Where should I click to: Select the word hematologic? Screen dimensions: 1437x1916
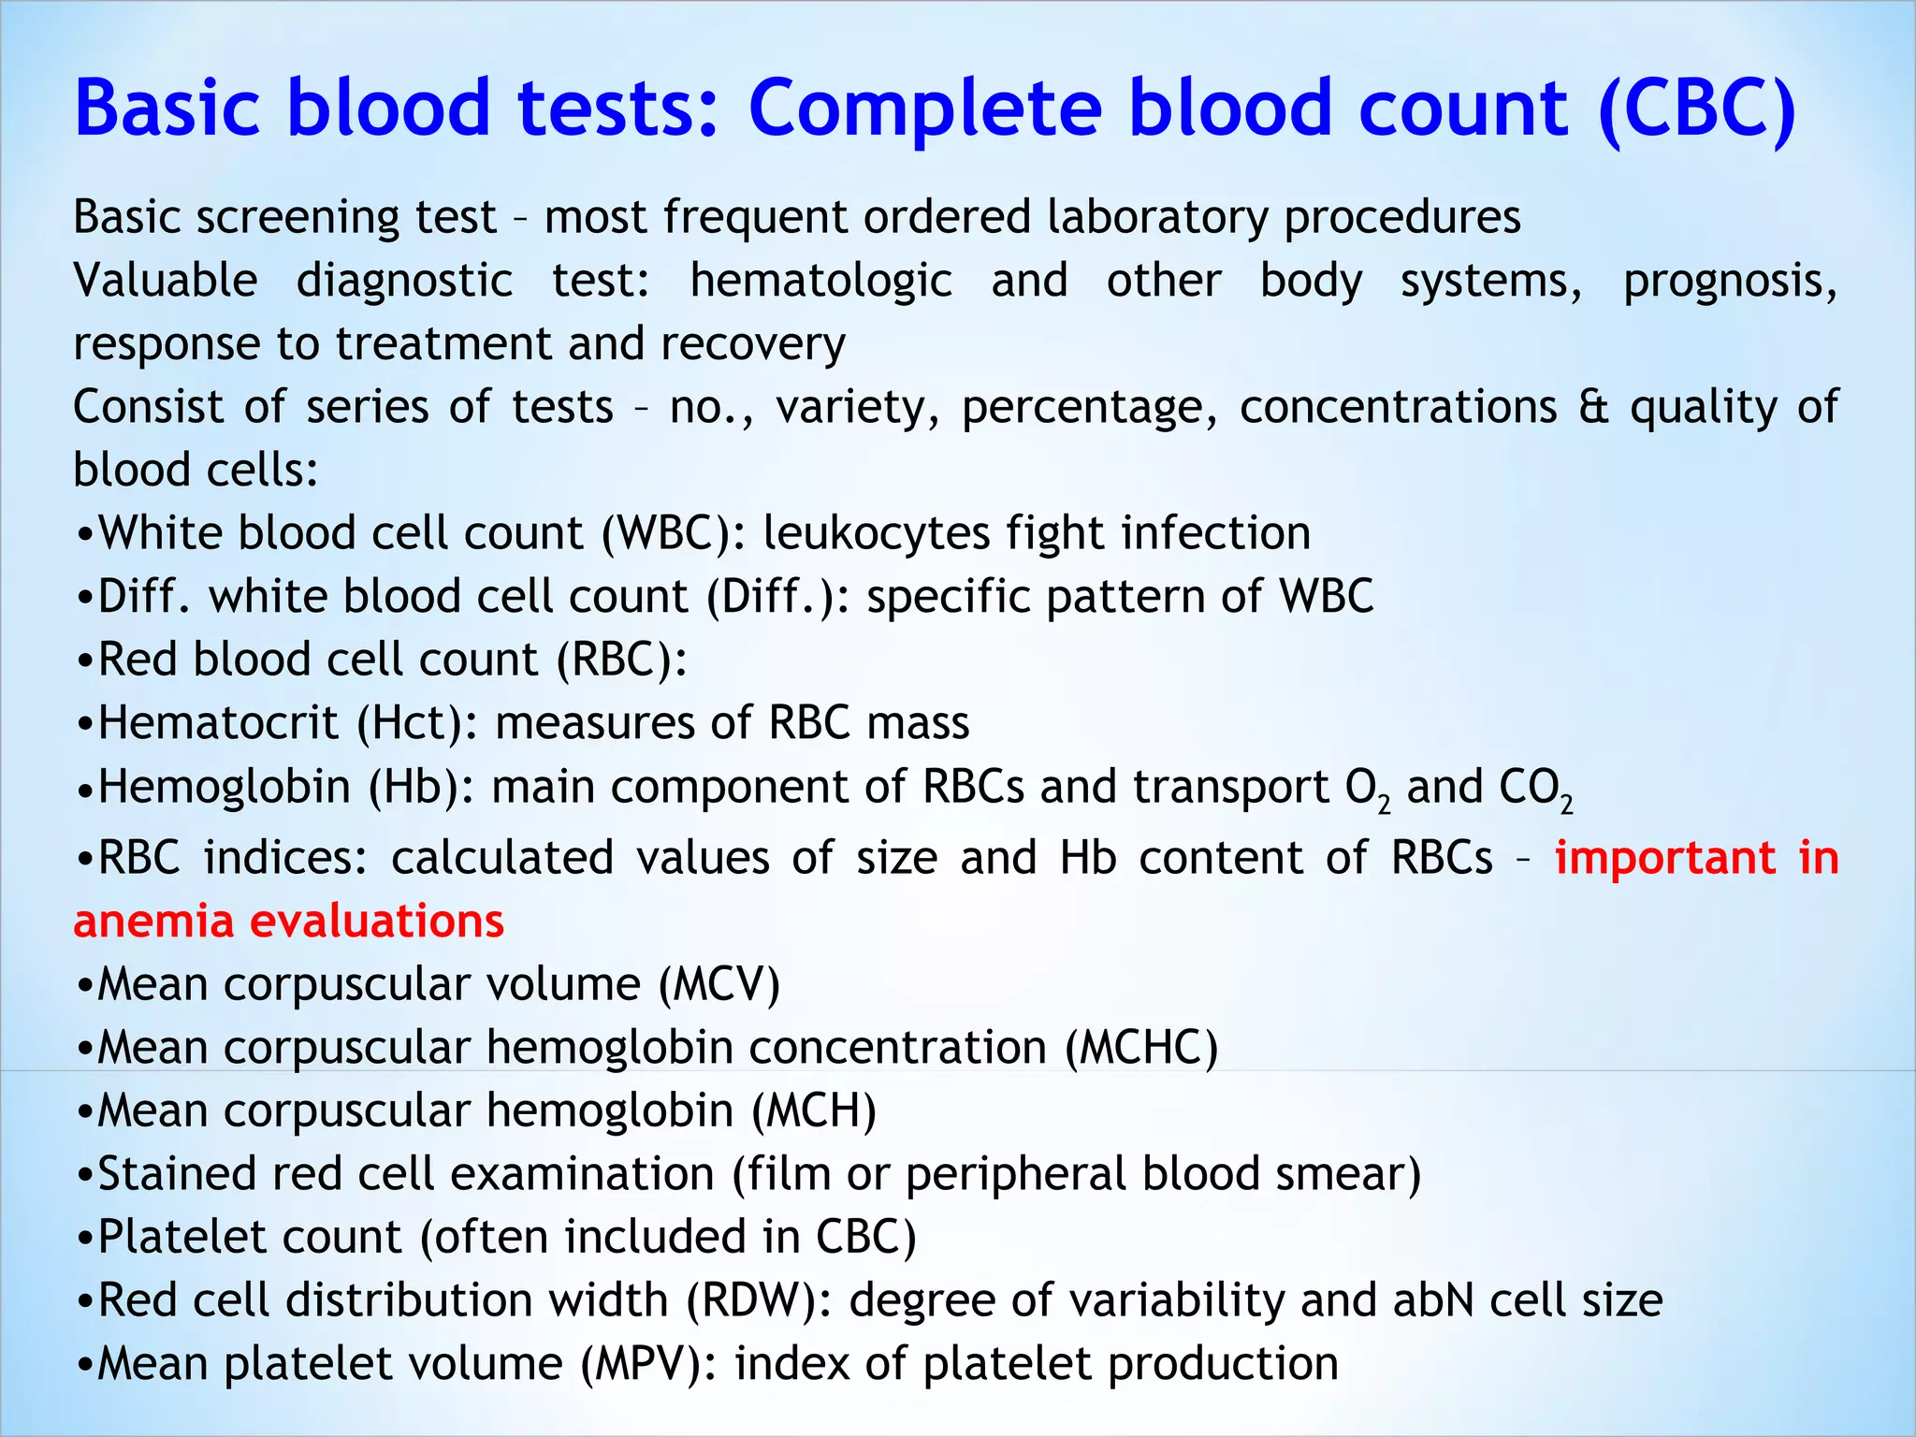point(820,281)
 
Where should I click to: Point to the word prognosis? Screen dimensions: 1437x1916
point(1729,281)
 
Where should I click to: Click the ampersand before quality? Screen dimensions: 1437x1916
point(1593,407)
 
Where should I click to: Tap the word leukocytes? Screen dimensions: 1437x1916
point(876,533)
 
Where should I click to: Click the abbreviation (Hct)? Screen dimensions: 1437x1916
point(417,723)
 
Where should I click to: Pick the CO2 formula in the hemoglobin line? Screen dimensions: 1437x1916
point(1535,788)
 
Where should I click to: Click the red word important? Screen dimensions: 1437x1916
point(1665,858)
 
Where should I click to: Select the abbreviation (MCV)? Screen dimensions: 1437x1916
point(718,984)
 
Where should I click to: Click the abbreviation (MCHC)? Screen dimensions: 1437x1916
point(1141,1047)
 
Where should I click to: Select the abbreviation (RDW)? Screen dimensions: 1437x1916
point(758,1300)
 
